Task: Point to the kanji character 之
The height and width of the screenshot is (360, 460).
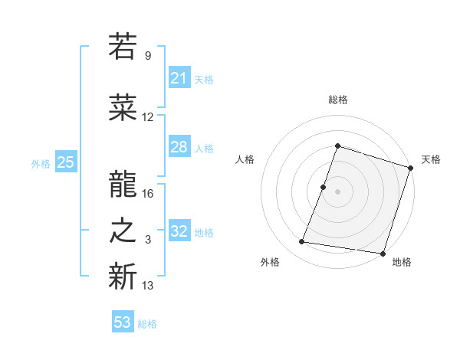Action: pyautogui.click(x=123, y=231)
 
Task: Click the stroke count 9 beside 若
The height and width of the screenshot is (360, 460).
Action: pyautogui.click(x=147, y=56)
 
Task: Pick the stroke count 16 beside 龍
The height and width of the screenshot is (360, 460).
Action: pyautogui.click(x=148, y=193)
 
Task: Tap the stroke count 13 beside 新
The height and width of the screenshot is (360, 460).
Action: pyautogui.click(x=148, y=286)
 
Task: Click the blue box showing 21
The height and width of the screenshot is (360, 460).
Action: pyautogui.click(x=179, y=78)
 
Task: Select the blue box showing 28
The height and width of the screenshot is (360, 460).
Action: pyautogui.click(x=179, y=147)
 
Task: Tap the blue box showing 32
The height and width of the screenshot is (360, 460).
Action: pyautogui.click(x=179, y=231)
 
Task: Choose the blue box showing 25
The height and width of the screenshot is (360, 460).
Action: pyautogui.click(x=65, y=162)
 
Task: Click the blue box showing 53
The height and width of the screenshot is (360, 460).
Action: pyautogui.click(x=122, y=322)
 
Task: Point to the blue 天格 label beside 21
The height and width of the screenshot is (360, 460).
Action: pyautogui.click(x=204, y=79)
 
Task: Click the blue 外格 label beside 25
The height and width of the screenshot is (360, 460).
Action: pyautogui.click(x=41, y=163)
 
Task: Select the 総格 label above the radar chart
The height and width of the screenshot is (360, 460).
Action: pyautogui.click(x=337, y=100)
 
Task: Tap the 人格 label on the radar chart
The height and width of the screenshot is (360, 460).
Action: pyautogui.click(x=245, y=159)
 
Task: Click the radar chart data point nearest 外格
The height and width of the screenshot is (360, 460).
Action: pyautogui.click(x=302, y=242)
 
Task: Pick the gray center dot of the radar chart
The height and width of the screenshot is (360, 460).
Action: pyautogui.click(x=337, y=191)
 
